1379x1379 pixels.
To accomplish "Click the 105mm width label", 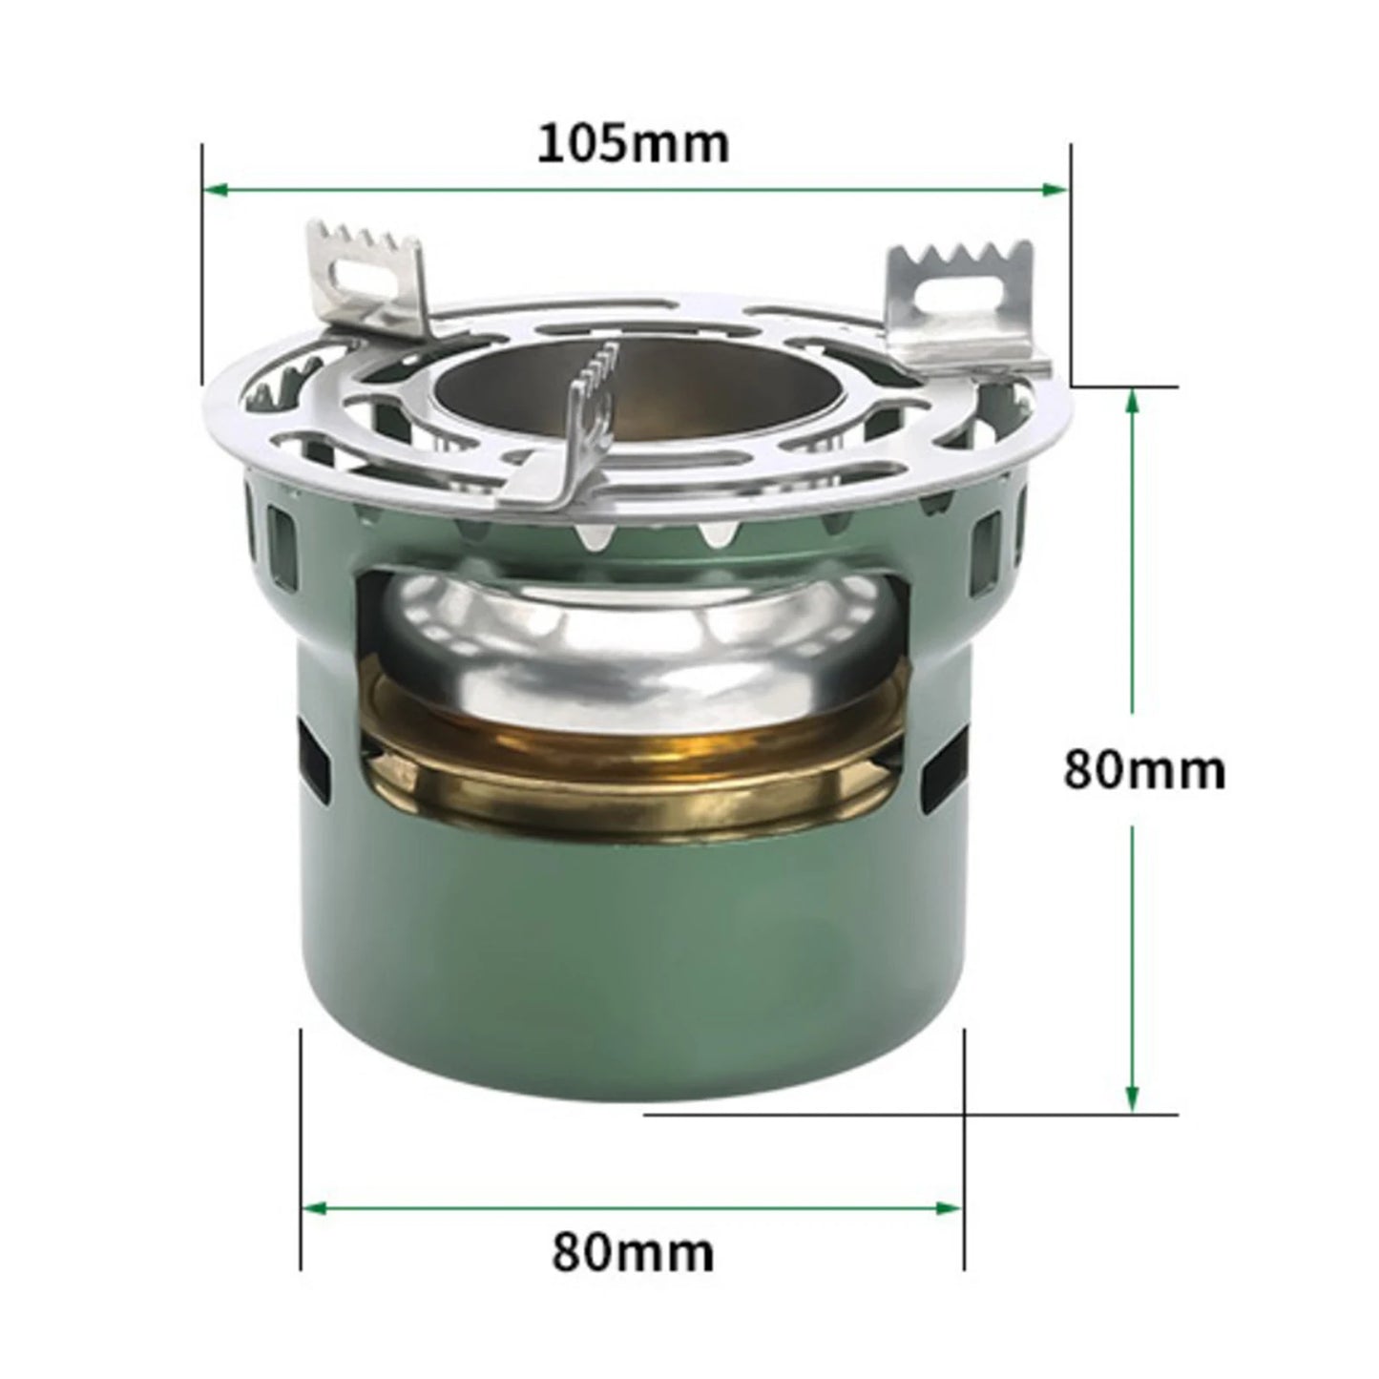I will pyautogui.click(x=634, y=144).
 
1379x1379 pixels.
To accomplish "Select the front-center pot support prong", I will pyautogui.click(x=582, y=420).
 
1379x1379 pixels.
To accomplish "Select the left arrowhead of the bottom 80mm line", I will pyautogui.click(x=314, y=1208).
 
